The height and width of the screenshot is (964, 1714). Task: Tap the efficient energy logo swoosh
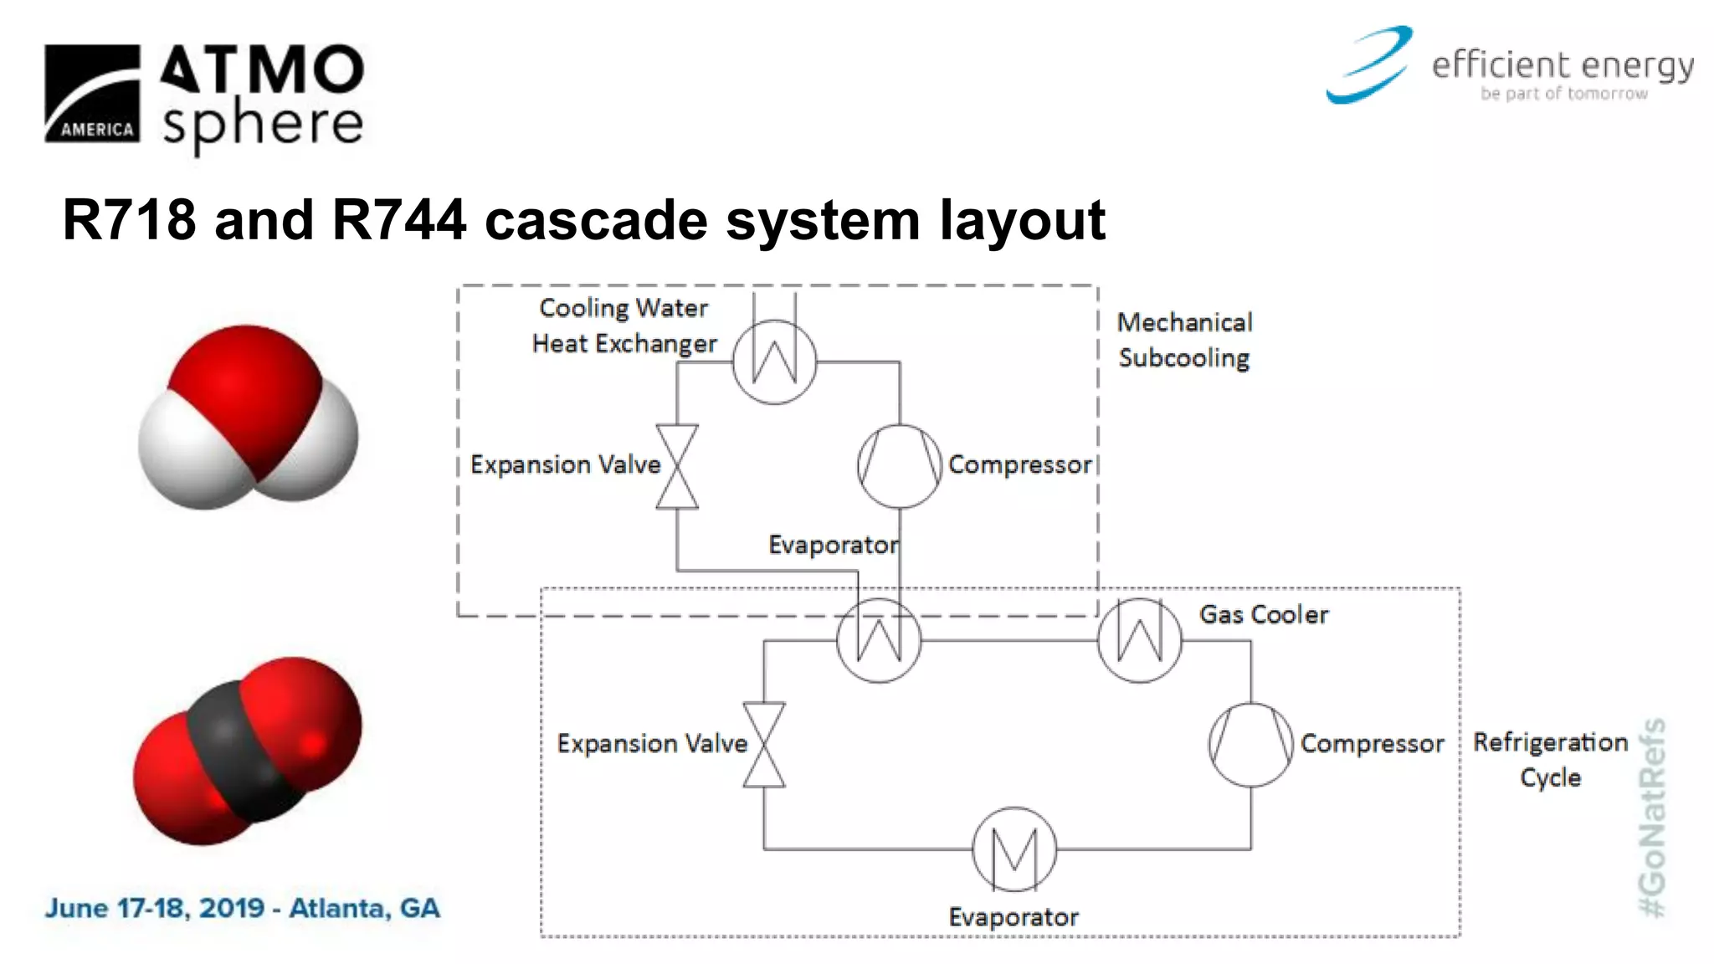[x=1370, y=65]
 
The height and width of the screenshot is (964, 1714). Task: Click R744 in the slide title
[x=398, y=220]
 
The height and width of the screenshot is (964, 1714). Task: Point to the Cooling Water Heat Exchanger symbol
[x=774, y=361]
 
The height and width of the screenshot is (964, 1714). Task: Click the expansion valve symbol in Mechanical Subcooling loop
[x=677, y=466]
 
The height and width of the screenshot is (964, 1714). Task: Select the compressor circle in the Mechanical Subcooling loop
[x=900, y=466]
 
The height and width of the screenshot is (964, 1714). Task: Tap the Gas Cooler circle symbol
[x=1140, y=640]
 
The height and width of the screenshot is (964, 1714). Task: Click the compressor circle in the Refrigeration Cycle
[x=1251, y=744]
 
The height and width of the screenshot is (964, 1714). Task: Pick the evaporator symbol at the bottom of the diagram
[x=1014, y=849]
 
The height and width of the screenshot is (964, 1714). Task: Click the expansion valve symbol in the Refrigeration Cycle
[x=764, y=744]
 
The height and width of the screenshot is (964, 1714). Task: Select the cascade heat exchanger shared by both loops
[x=879, y=640]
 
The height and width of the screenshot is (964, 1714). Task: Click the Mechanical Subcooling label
[x=1184, y=340]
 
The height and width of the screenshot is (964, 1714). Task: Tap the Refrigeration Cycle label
[x=1550, y=759]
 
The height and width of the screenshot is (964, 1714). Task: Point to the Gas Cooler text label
[x=1263, y=615]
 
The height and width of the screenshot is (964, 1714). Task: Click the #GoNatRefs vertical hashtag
[x=1652, y=818]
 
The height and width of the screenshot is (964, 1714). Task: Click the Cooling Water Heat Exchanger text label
[x=624, y=326]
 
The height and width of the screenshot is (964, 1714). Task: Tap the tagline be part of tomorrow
[x=1563, y=94]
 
